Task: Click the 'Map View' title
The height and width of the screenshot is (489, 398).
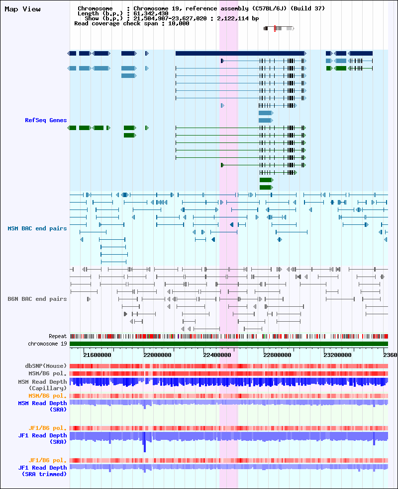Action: (x=22, y=9)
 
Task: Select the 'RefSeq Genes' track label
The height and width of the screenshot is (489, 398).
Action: (x=46, y=120)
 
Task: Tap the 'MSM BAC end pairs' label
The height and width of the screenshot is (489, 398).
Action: (x=37, y=228)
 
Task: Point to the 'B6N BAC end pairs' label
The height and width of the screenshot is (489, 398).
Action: (x=37, y=299)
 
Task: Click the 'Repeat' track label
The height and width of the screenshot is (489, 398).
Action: (x=58, y=336)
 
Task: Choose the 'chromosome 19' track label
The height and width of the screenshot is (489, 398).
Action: (x=47, y=344)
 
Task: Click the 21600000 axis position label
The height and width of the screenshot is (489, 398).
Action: (x=97, y=355)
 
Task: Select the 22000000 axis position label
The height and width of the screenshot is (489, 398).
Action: (x=157, y=355)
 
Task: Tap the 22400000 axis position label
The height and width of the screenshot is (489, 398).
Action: (x=217, y=355)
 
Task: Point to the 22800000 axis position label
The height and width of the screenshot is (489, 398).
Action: (x=278, y=355)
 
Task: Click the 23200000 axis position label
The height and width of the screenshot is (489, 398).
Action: (x=337, y=355)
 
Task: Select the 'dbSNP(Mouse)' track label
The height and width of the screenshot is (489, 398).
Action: (x=46, y=366)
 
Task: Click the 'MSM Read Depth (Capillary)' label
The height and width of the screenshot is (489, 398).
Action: (x=42, y=385)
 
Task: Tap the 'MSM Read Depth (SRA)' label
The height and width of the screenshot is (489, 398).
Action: (x=42, y=406)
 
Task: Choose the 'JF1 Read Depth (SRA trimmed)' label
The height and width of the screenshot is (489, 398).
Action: (x=42, y=471)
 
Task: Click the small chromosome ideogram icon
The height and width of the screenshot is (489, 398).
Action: (x=279, y=28)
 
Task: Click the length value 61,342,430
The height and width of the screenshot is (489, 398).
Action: (x=151, y=13)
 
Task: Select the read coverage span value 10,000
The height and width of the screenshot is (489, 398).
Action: (x=179, y=23)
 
